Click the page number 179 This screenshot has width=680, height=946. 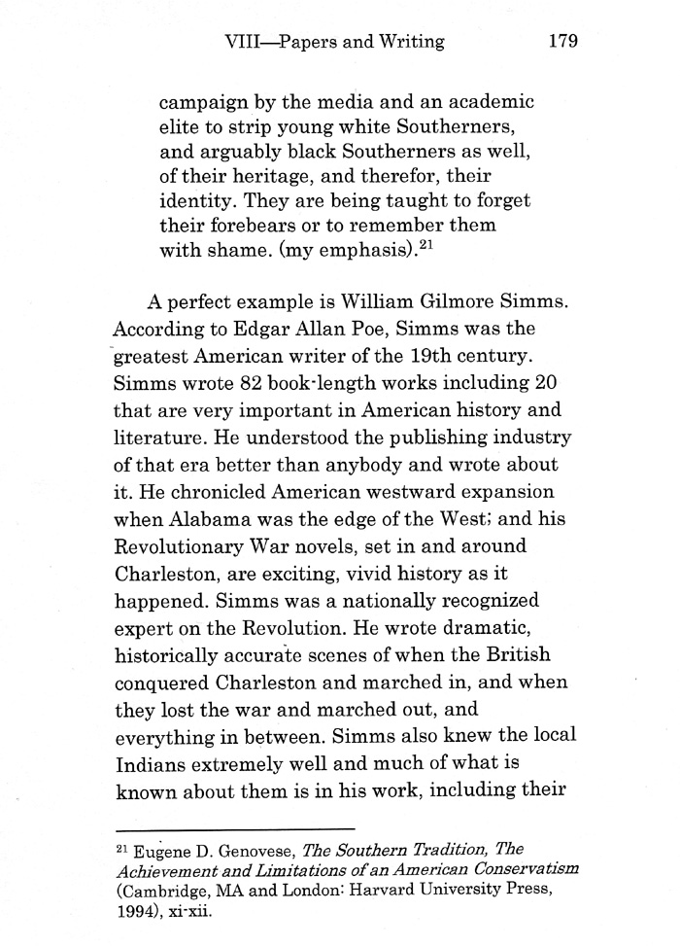[563, 41]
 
